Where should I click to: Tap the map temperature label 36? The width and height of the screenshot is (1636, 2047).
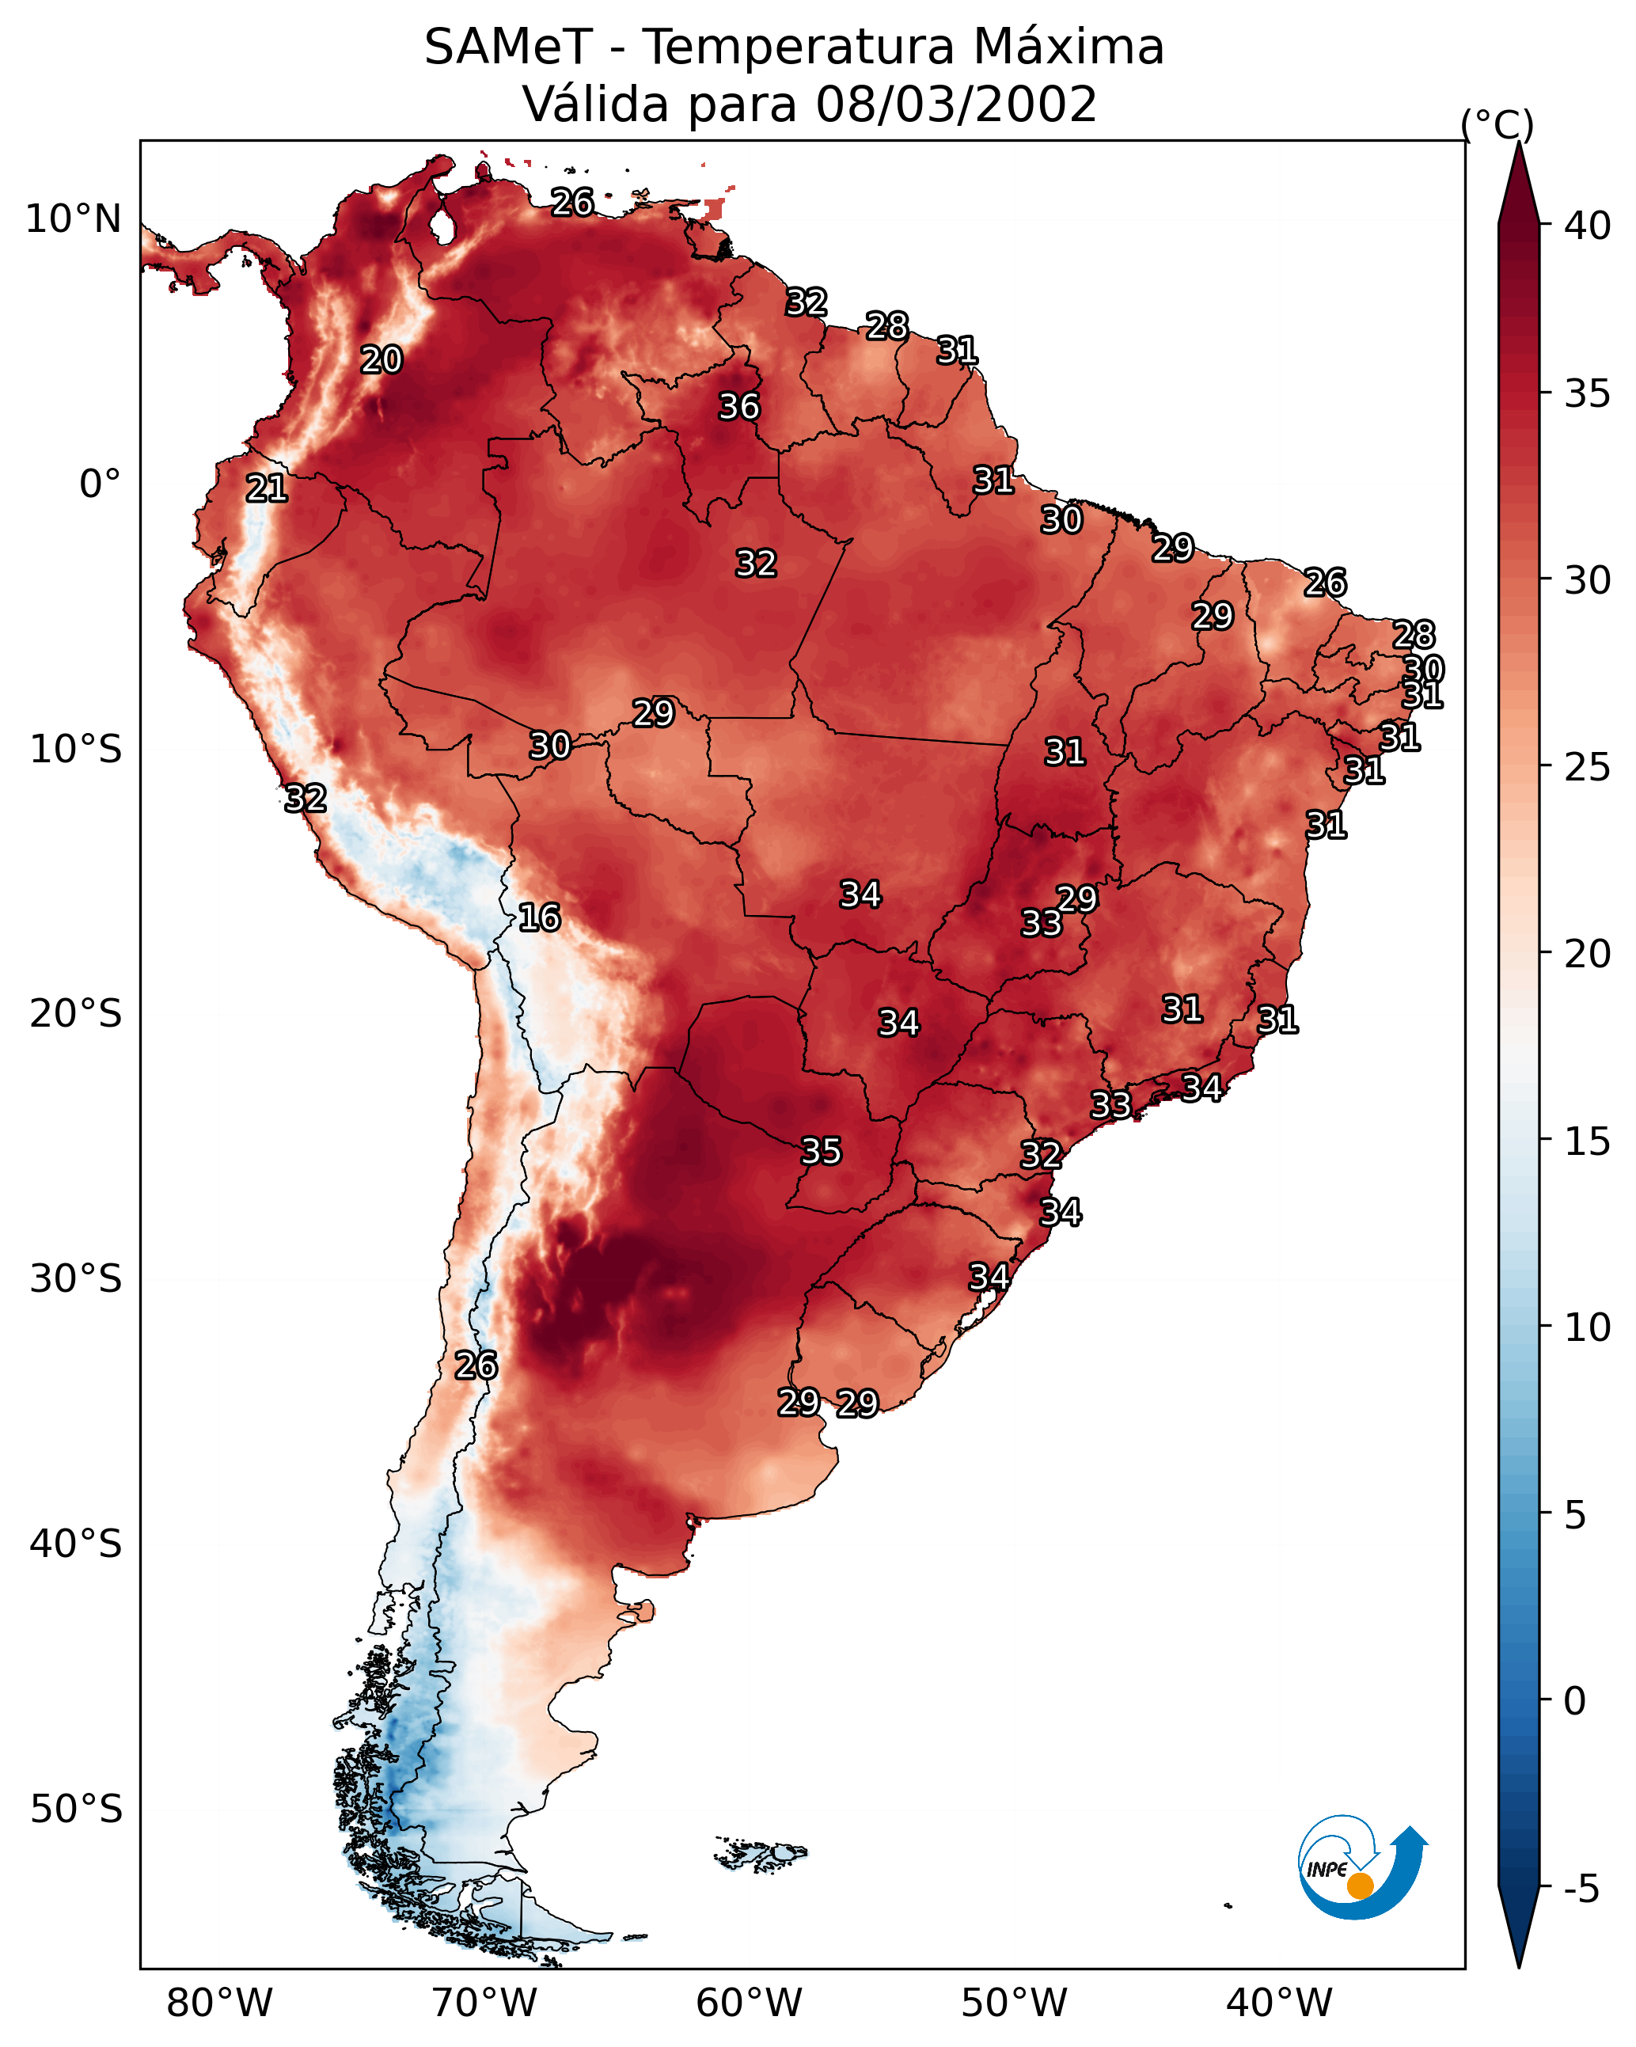[x=738, y=406]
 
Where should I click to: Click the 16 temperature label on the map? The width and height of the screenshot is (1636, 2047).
[x=539, y=917]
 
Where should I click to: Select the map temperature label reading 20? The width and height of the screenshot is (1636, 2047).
[x=381, y=360]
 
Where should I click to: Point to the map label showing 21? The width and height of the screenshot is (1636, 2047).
[x=267, y=489]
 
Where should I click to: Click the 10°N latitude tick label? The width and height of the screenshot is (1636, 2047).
[x=73, y=219]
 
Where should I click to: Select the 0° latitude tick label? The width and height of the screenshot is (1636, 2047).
[x=101, y=484]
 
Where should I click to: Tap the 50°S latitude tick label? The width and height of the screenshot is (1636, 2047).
[x=76, y=1810]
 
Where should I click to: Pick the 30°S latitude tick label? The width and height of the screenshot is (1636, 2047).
[x=76, y=1279]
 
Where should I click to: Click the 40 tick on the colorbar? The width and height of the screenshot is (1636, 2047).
[x=1588, y=226]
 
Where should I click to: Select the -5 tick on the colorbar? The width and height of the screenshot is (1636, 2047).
[x=1581, y=1889]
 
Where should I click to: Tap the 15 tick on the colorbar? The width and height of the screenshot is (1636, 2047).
[x=1588, y=1141]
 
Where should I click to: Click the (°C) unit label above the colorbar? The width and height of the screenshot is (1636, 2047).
[x=1497, y=124]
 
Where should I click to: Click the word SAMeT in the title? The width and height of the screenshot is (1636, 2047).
[x=508, y=47]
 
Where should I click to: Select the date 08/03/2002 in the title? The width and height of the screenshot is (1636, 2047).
[x=956, y=104]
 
